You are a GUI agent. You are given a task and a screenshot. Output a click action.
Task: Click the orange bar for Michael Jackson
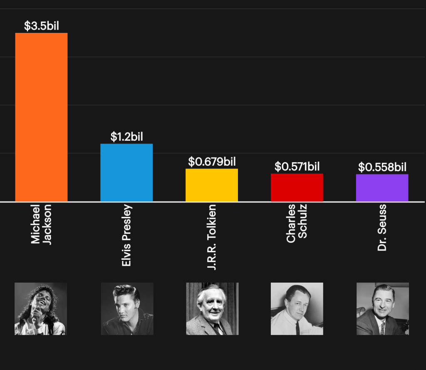[x=41, y=117]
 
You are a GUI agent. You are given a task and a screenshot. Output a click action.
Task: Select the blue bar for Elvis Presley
[x=126, y=172]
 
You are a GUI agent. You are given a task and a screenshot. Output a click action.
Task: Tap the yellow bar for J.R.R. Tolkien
[x=212, y=185]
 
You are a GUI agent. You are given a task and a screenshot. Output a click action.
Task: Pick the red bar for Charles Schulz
[x=297, y=187]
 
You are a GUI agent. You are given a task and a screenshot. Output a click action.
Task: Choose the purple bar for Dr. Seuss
[x=382, y=188]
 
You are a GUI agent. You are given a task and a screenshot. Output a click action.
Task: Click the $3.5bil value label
[x=41, y=26]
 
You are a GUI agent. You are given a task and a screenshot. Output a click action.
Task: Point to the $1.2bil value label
[x=126, y=137]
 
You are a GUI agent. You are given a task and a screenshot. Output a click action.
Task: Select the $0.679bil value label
[x=212, y=161]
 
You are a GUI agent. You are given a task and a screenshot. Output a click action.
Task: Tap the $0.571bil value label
[x=297, y=167]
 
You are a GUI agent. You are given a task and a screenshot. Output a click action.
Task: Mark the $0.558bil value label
[x=382, y=167]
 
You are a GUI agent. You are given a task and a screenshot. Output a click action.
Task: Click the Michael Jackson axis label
[x=41, y=224]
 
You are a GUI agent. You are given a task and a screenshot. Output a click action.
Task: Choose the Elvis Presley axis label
[x=126, y=235]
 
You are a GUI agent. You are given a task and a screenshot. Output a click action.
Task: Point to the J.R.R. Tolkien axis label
[x=212, y=237]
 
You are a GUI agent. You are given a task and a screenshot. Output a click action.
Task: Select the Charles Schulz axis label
[x=297, y=223]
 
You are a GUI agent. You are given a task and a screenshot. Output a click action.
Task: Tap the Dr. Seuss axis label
[x=382, y=228]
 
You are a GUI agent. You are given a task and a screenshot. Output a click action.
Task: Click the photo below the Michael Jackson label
[x=41, y=309]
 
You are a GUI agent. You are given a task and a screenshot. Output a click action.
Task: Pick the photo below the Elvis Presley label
[x=127, y=309]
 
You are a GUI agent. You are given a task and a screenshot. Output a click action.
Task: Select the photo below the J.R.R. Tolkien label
[x=212, y=309]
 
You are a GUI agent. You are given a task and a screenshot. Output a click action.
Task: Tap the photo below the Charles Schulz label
[x=297, y=309]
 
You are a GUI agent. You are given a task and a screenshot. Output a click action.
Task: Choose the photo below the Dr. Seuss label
[x=382, y=309]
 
